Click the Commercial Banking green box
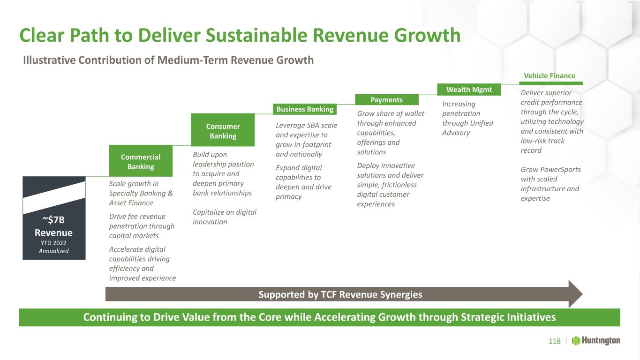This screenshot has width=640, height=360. click(x=141, y=161)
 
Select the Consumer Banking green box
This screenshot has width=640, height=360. click(x=223, y=130)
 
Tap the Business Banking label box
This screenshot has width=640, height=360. click(x=305, y=109)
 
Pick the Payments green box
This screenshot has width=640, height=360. click(x=386, y=100)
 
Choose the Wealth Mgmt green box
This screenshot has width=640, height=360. click(x=469, y=90)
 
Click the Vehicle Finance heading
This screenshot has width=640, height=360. click(x=550, y=76)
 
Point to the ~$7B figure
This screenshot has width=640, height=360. click(x=54, y=220)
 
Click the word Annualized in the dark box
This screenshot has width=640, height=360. click(x=54, y=251)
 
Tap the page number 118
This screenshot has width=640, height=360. click(x=555, y=341)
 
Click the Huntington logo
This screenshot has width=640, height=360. click(x=596, y=341)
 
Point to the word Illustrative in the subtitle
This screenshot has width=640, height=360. click(x=49, y=60)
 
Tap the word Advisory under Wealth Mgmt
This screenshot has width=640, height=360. click(x=456, y=133)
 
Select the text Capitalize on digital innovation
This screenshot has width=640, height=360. click(x=225, y=217)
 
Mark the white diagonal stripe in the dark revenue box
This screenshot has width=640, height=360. click(x=54, y=197)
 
